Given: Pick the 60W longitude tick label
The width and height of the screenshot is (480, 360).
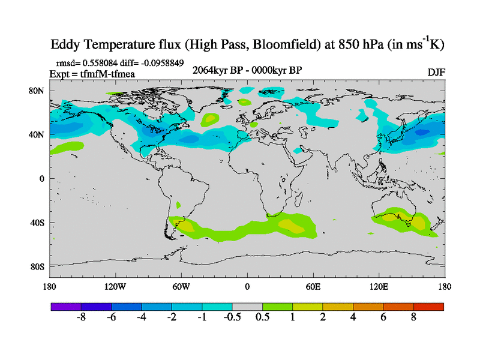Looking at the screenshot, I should click(181, 286).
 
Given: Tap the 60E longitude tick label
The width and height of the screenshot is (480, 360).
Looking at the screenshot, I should click(313, 286).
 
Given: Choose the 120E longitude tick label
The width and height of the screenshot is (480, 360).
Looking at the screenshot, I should click(379, 286).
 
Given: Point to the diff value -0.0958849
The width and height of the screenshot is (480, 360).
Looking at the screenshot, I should click(160, 62).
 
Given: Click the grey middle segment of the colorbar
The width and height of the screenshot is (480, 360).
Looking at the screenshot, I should click(247, 307).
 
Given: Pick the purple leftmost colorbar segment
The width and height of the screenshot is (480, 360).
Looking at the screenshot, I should click(65, 307).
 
